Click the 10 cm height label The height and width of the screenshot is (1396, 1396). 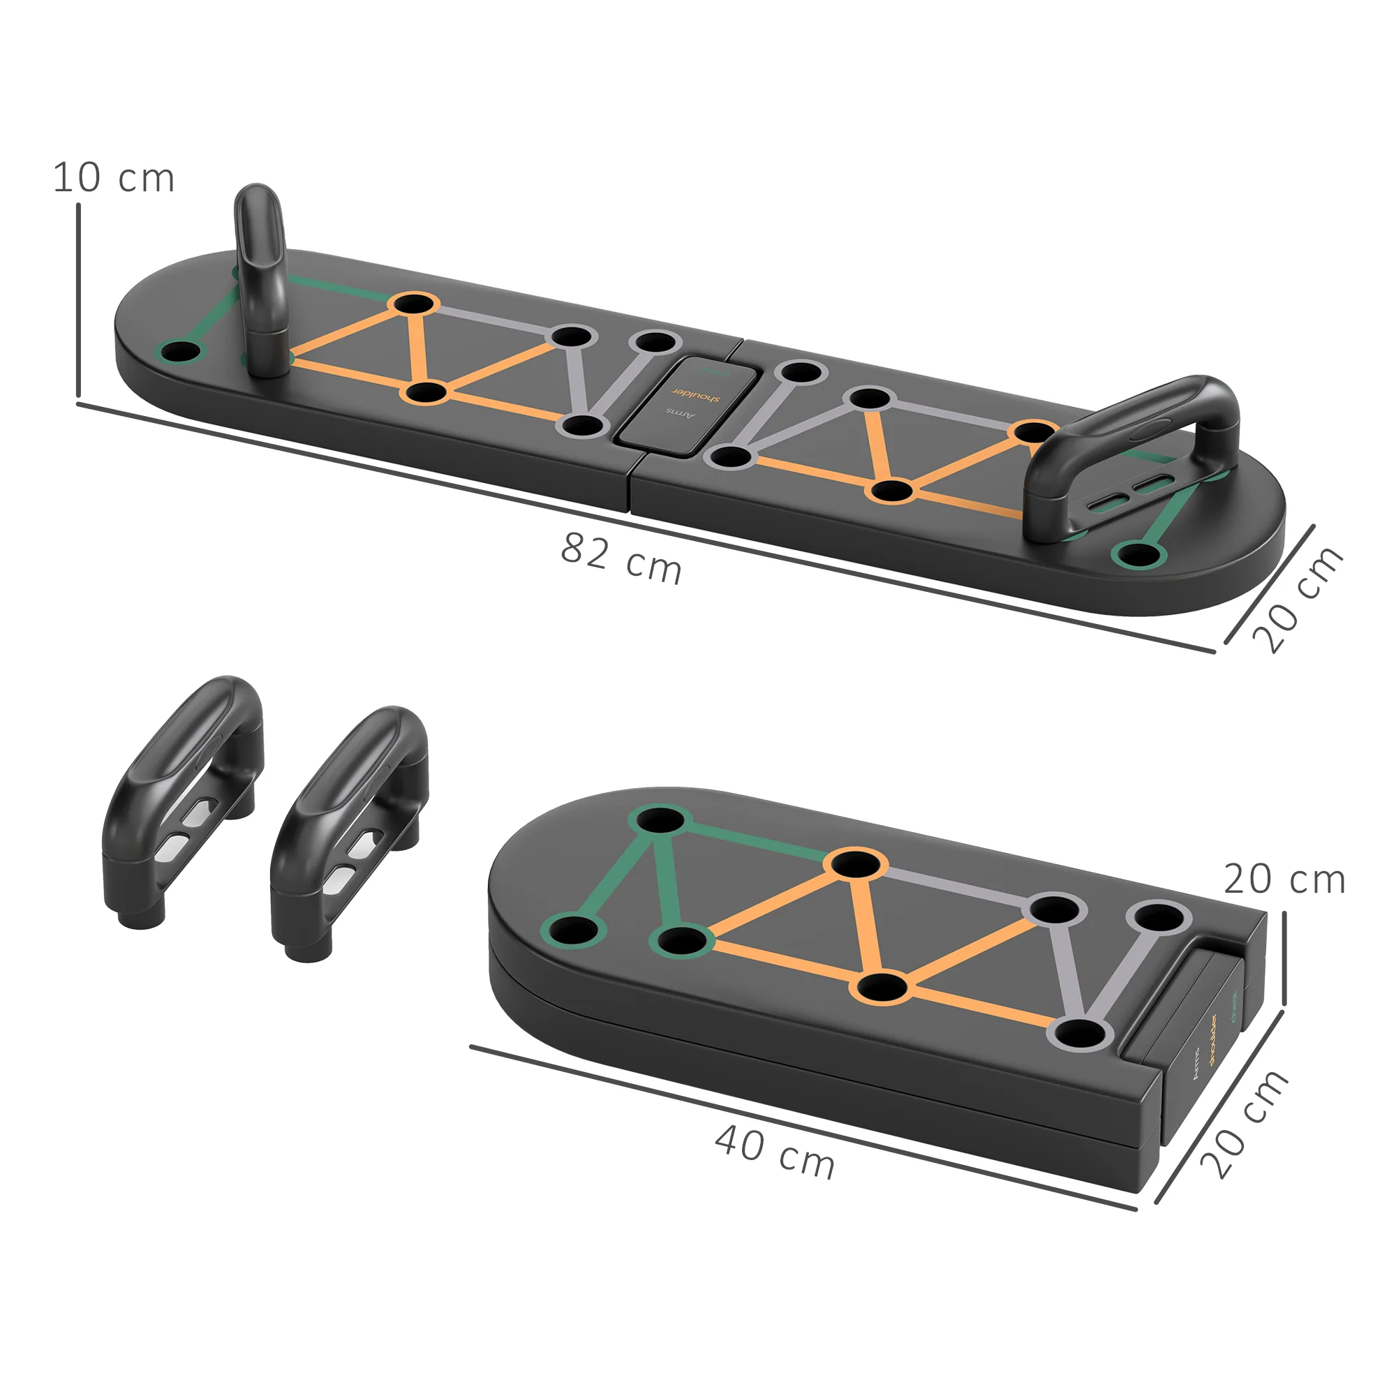point(114,178)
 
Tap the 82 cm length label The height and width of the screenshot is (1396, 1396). point(621,558)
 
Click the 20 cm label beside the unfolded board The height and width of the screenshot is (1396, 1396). point(1298,600)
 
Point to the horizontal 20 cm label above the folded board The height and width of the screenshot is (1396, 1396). point(1284,880)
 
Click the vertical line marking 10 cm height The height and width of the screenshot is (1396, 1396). point(78,300)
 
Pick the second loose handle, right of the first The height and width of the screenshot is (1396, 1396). point(350,831)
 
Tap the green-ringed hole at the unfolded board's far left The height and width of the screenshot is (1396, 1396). point(180,353)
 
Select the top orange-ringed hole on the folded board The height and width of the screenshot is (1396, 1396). point(856,863)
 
